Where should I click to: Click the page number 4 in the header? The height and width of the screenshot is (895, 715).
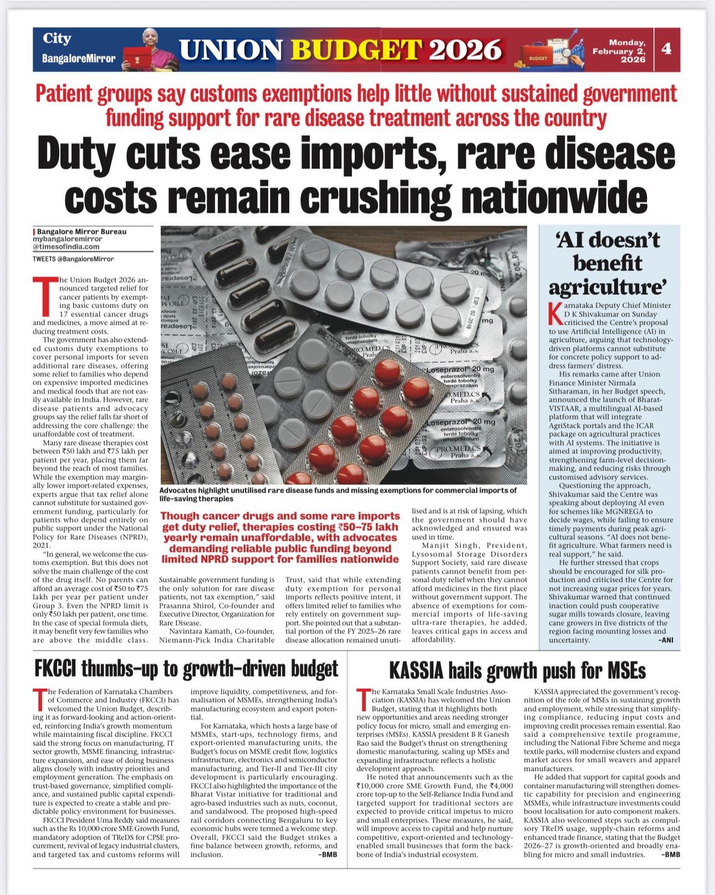pos(666,49)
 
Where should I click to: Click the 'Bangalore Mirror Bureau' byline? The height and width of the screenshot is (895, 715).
pos(81,232)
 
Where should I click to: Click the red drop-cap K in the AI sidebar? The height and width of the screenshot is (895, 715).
pos(552,314)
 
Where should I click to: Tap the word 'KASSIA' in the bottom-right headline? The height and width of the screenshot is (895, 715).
pos(416,671)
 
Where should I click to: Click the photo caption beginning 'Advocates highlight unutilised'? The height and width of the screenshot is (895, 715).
pos(338,494)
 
